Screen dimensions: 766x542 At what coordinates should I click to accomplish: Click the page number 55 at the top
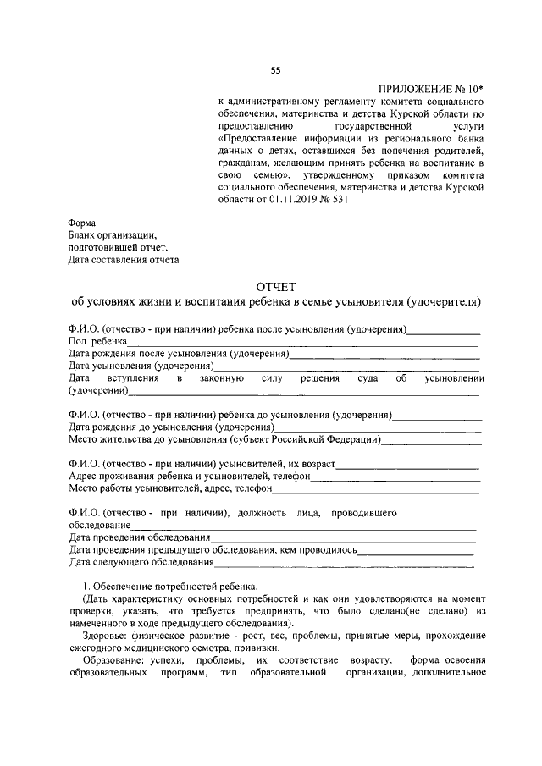[x=274, y=70]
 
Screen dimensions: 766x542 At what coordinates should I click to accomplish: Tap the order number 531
[x=338, y=201]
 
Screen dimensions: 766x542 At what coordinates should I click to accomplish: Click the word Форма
[x=83, y=223]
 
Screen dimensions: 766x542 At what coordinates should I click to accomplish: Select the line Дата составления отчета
[x=124, y=260]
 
